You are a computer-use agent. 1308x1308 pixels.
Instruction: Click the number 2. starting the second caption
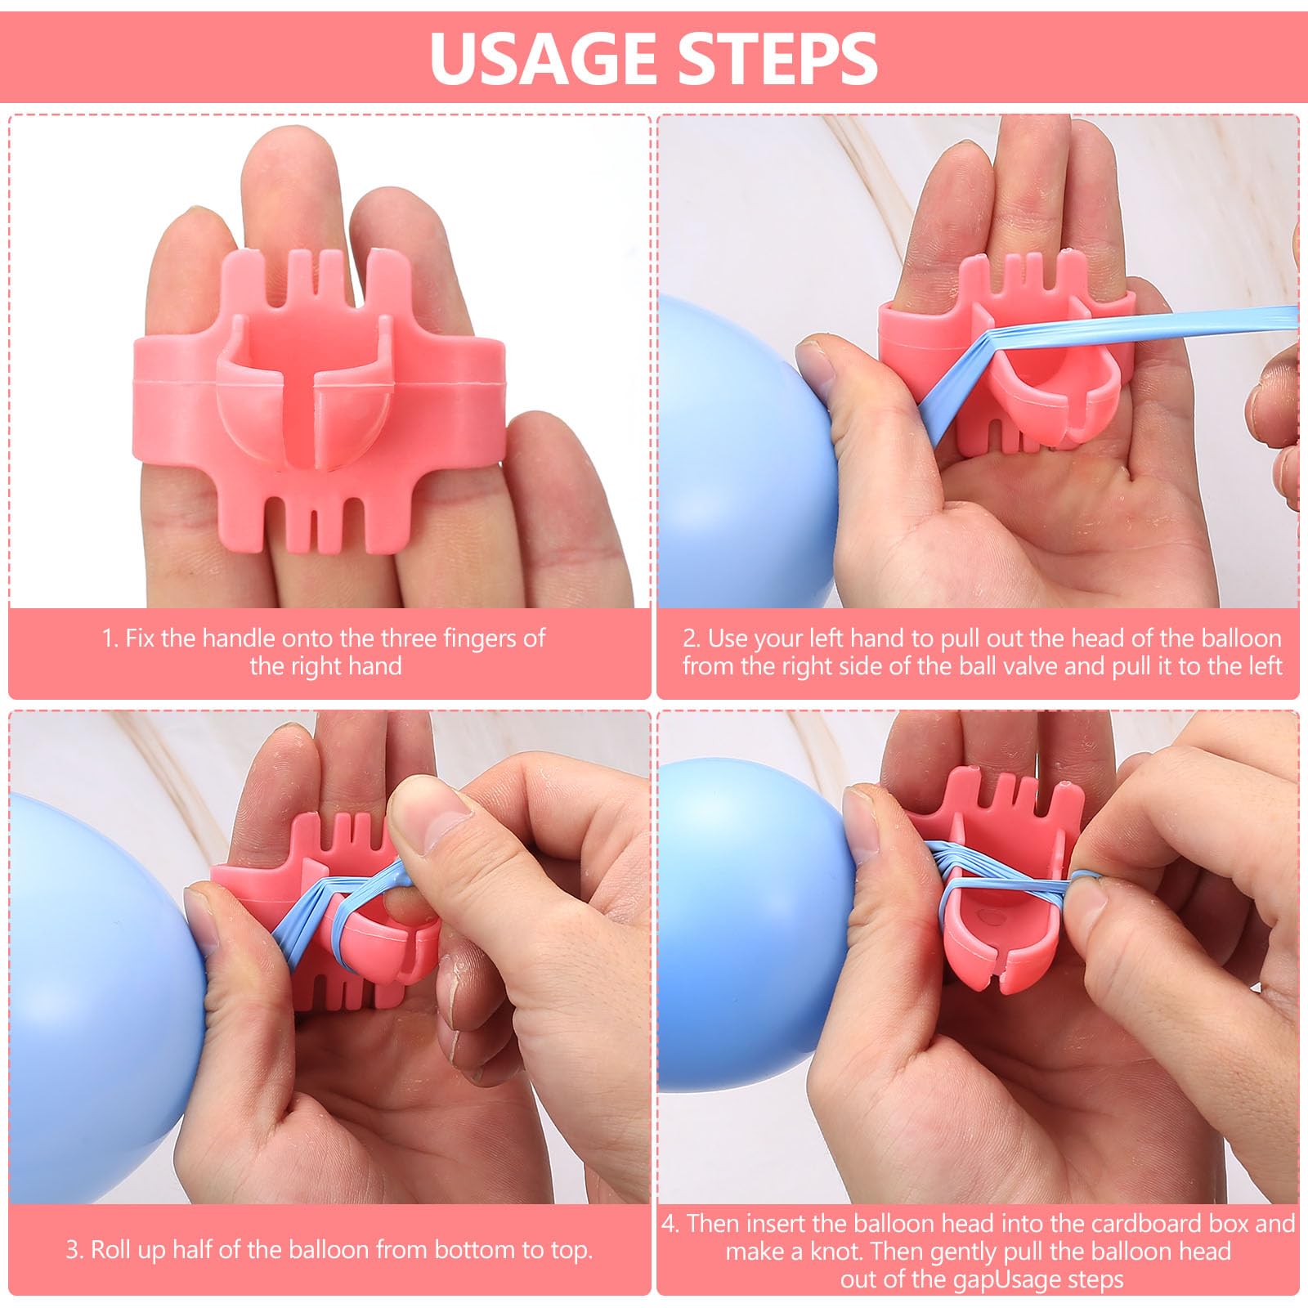point(692,638)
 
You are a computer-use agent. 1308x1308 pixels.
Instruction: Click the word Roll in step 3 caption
point(113,1249)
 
